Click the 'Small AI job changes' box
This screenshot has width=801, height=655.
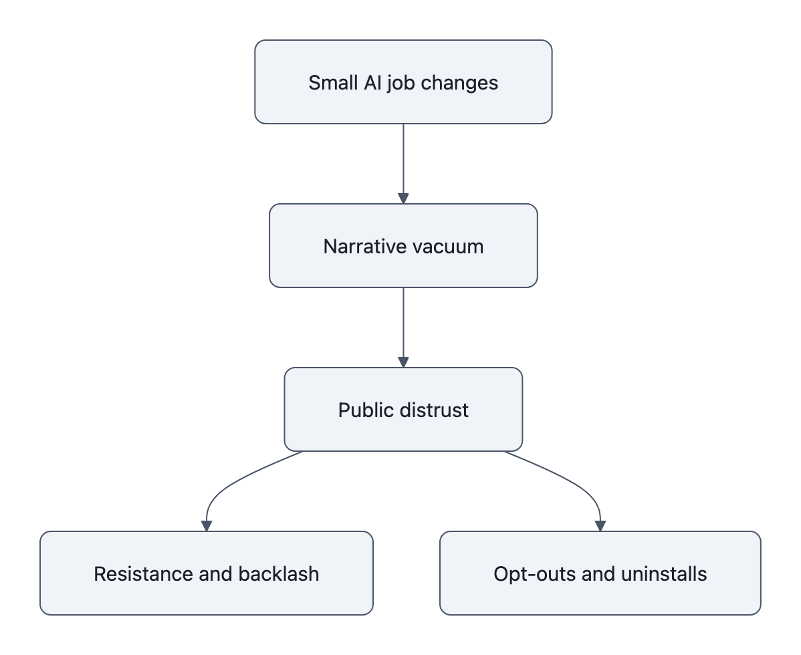(403, 82)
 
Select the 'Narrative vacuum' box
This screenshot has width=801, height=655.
(403, 246)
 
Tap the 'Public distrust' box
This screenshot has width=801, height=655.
(403, 410)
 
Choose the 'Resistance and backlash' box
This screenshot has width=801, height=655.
(206, 573)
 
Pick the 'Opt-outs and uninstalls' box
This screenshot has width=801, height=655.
(600, 573)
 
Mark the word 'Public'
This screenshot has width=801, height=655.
(362, 410)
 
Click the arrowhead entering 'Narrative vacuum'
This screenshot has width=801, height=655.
(403, 199)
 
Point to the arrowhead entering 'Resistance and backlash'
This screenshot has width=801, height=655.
(206, 526)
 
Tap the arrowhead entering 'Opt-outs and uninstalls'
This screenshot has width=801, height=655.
(600, 526)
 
